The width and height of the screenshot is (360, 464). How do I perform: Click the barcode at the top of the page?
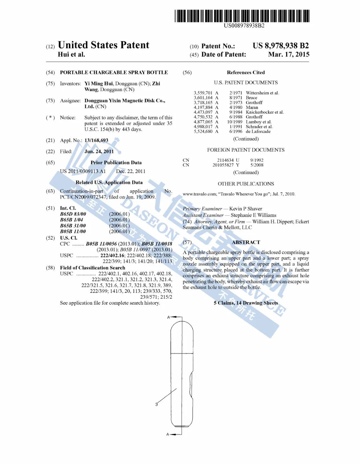(x=242, y=16)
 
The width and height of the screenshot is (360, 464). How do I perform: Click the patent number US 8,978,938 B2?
(x=281, y=46)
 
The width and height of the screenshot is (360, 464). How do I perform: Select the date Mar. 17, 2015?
(x=289, y=54)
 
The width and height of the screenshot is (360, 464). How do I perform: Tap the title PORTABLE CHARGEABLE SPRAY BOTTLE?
(x=114, y=72)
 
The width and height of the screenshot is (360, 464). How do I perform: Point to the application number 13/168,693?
(x=96, y=140)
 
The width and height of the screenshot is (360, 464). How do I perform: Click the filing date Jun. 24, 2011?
(x=99, y=151)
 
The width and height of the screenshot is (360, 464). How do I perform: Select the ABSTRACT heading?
(x=246, y=242)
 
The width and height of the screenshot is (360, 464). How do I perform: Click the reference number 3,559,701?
(x=203, y=93)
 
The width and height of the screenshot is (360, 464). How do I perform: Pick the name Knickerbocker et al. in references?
(x=265, y=112)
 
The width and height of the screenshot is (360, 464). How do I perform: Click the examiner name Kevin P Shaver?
(x=246, y=209)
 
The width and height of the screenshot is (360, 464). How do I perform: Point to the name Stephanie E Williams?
(x=254, y=215)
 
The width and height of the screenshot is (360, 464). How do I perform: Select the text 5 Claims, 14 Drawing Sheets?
(x=246, y=303)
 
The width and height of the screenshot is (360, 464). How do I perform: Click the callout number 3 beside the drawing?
(x=156, y=404)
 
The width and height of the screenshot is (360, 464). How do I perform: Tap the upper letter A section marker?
(x=169, y=317)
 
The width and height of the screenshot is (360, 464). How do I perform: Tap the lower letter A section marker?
(x=168, y=434)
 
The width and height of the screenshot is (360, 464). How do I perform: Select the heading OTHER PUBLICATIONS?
(x=246, y=184)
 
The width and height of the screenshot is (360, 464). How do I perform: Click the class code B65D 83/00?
(x=73, y=214)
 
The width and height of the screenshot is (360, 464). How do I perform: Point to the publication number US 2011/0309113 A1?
(x=83, y=171)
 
